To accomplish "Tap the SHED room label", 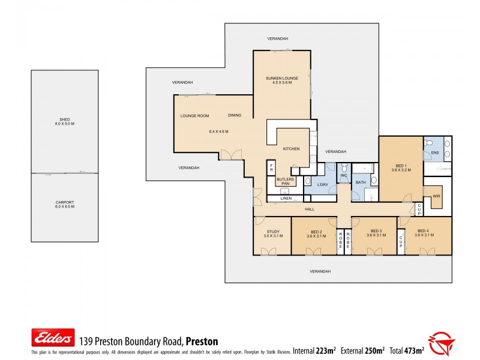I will click(64, 120).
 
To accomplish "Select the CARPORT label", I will click(64, 203).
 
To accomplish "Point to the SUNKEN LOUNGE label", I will click(281, 79).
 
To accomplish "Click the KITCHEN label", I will click(291, 148).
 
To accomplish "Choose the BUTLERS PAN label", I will click(285, 181).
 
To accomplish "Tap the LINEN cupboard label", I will click(286, 198).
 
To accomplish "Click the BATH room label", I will click(361, 182).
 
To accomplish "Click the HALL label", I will click(310, 209).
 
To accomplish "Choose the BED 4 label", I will click(423, 231).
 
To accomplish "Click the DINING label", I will click(235, 115).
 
